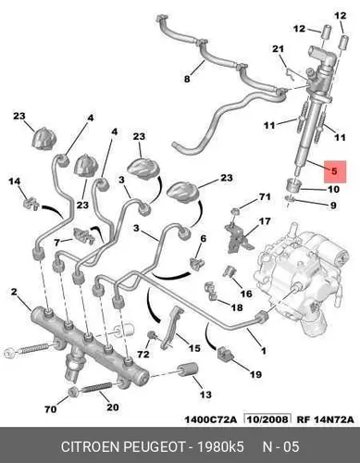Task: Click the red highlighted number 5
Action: click(x=335, y=171)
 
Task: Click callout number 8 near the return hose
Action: click(x=187, y=79)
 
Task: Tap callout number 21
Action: click(x=278, y=49)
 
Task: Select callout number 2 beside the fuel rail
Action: click(x=14, y=292)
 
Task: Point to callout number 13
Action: click(x=205, y=394)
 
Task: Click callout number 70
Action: click(x=51, y=409)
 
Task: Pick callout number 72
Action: click(x=143, y=355)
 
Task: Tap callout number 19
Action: click(x=255, y=375)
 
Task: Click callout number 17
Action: click(x=265, y=221)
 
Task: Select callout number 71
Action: click(x=265, y=196)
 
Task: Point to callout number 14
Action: click(x=14, y=181)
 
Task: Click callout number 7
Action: click(x=56, y=243)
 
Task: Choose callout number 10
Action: click(x=333, y=189)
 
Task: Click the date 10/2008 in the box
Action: click(x=267, y=419)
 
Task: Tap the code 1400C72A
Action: click(x=211, y=419)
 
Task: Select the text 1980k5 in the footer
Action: click(x=220, y=447)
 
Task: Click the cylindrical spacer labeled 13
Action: click(x=188, y=369)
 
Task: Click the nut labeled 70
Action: click(x=73, y=392)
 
